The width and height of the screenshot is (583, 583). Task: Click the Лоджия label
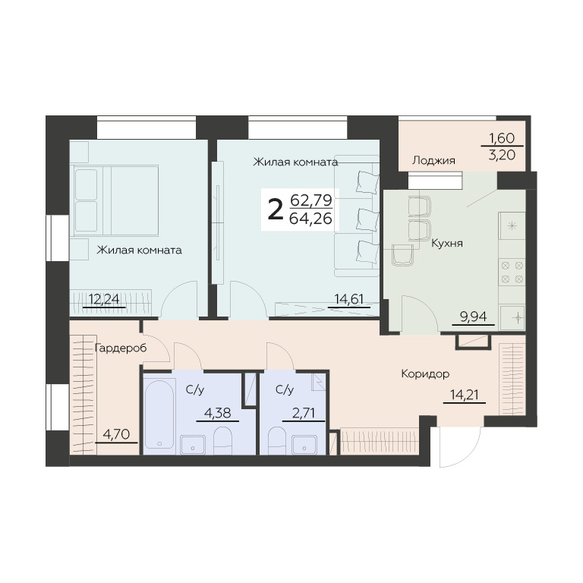[x=433, y=161]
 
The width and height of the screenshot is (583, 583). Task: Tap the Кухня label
[x=447, y=244]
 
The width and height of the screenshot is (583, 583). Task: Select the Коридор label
[x=425, y=373]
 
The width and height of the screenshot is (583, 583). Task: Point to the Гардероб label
[x=121, y=348]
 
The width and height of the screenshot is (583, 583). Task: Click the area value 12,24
[x=104, y=299]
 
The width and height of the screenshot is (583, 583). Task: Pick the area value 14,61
[x=348, y=299]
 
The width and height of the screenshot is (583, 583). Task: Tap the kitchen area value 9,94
[x=474, y=317]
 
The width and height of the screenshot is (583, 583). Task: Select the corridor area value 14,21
[x=464, y=395]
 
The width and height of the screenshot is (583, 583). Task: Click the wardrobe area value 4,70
[x=116, y=434]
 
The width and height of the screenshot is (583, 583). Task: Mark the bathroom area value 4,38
[x=218, y=413]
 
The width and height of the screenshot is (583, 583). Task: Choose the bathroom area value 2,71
[x=304, y=413]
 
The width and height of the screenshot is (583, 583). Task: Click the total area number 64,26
[x=310, y=219]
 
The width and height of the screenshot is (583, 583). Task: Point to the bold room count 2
[x=275, y=210]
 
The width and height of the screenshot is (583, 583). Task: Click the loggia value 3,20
[x=502, y=154]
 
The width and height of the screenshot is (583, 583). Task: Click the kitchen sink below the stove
[x=512, y=318]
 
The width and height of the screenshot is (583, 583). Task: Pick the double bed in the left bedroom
[x=116, y=200]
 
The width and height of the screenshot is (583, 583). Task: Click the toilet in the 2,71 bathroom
[x=277, y=440]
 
